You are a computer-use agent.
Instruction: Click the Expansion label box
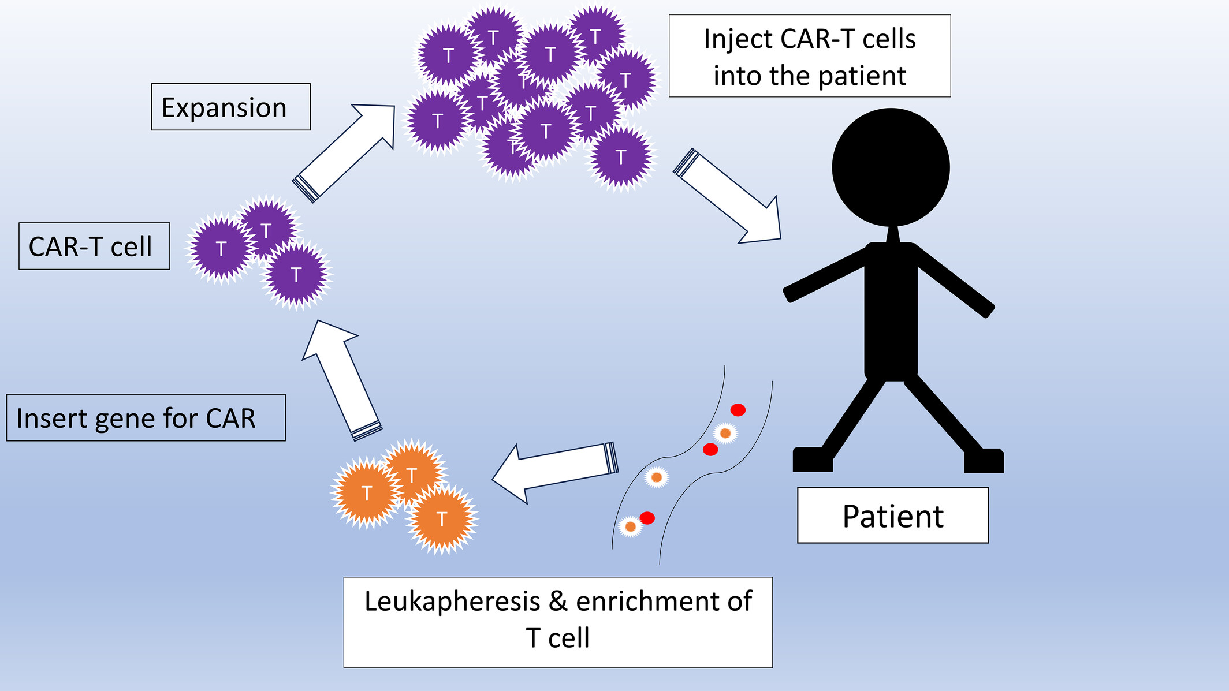pos(230,107)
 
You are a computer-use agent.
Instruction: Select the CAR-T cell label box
pos(94,246)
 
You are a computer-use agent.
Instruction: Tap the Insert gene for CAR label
pos(146,418)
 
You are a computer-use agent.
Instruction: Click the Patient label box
pos(892,516)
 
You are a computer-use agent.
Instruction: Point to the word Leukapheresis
pos(452,602)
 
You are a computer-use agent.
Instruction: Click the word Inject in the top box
pos(738,39)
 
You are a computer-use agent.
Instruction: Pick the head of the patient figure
pos(891,167)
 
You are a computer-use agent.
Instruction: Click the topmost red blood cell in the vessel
pos(738,410)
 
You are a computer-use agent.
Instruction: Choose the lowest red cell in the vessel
pos(647,518)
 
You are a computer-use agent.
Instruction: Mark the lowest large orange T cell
pos(442,519)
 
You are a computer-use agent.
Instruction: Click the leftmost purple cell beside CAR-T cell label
pos(221,249)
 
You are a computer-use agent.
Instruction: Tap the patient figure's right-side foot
pos(984,461)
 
